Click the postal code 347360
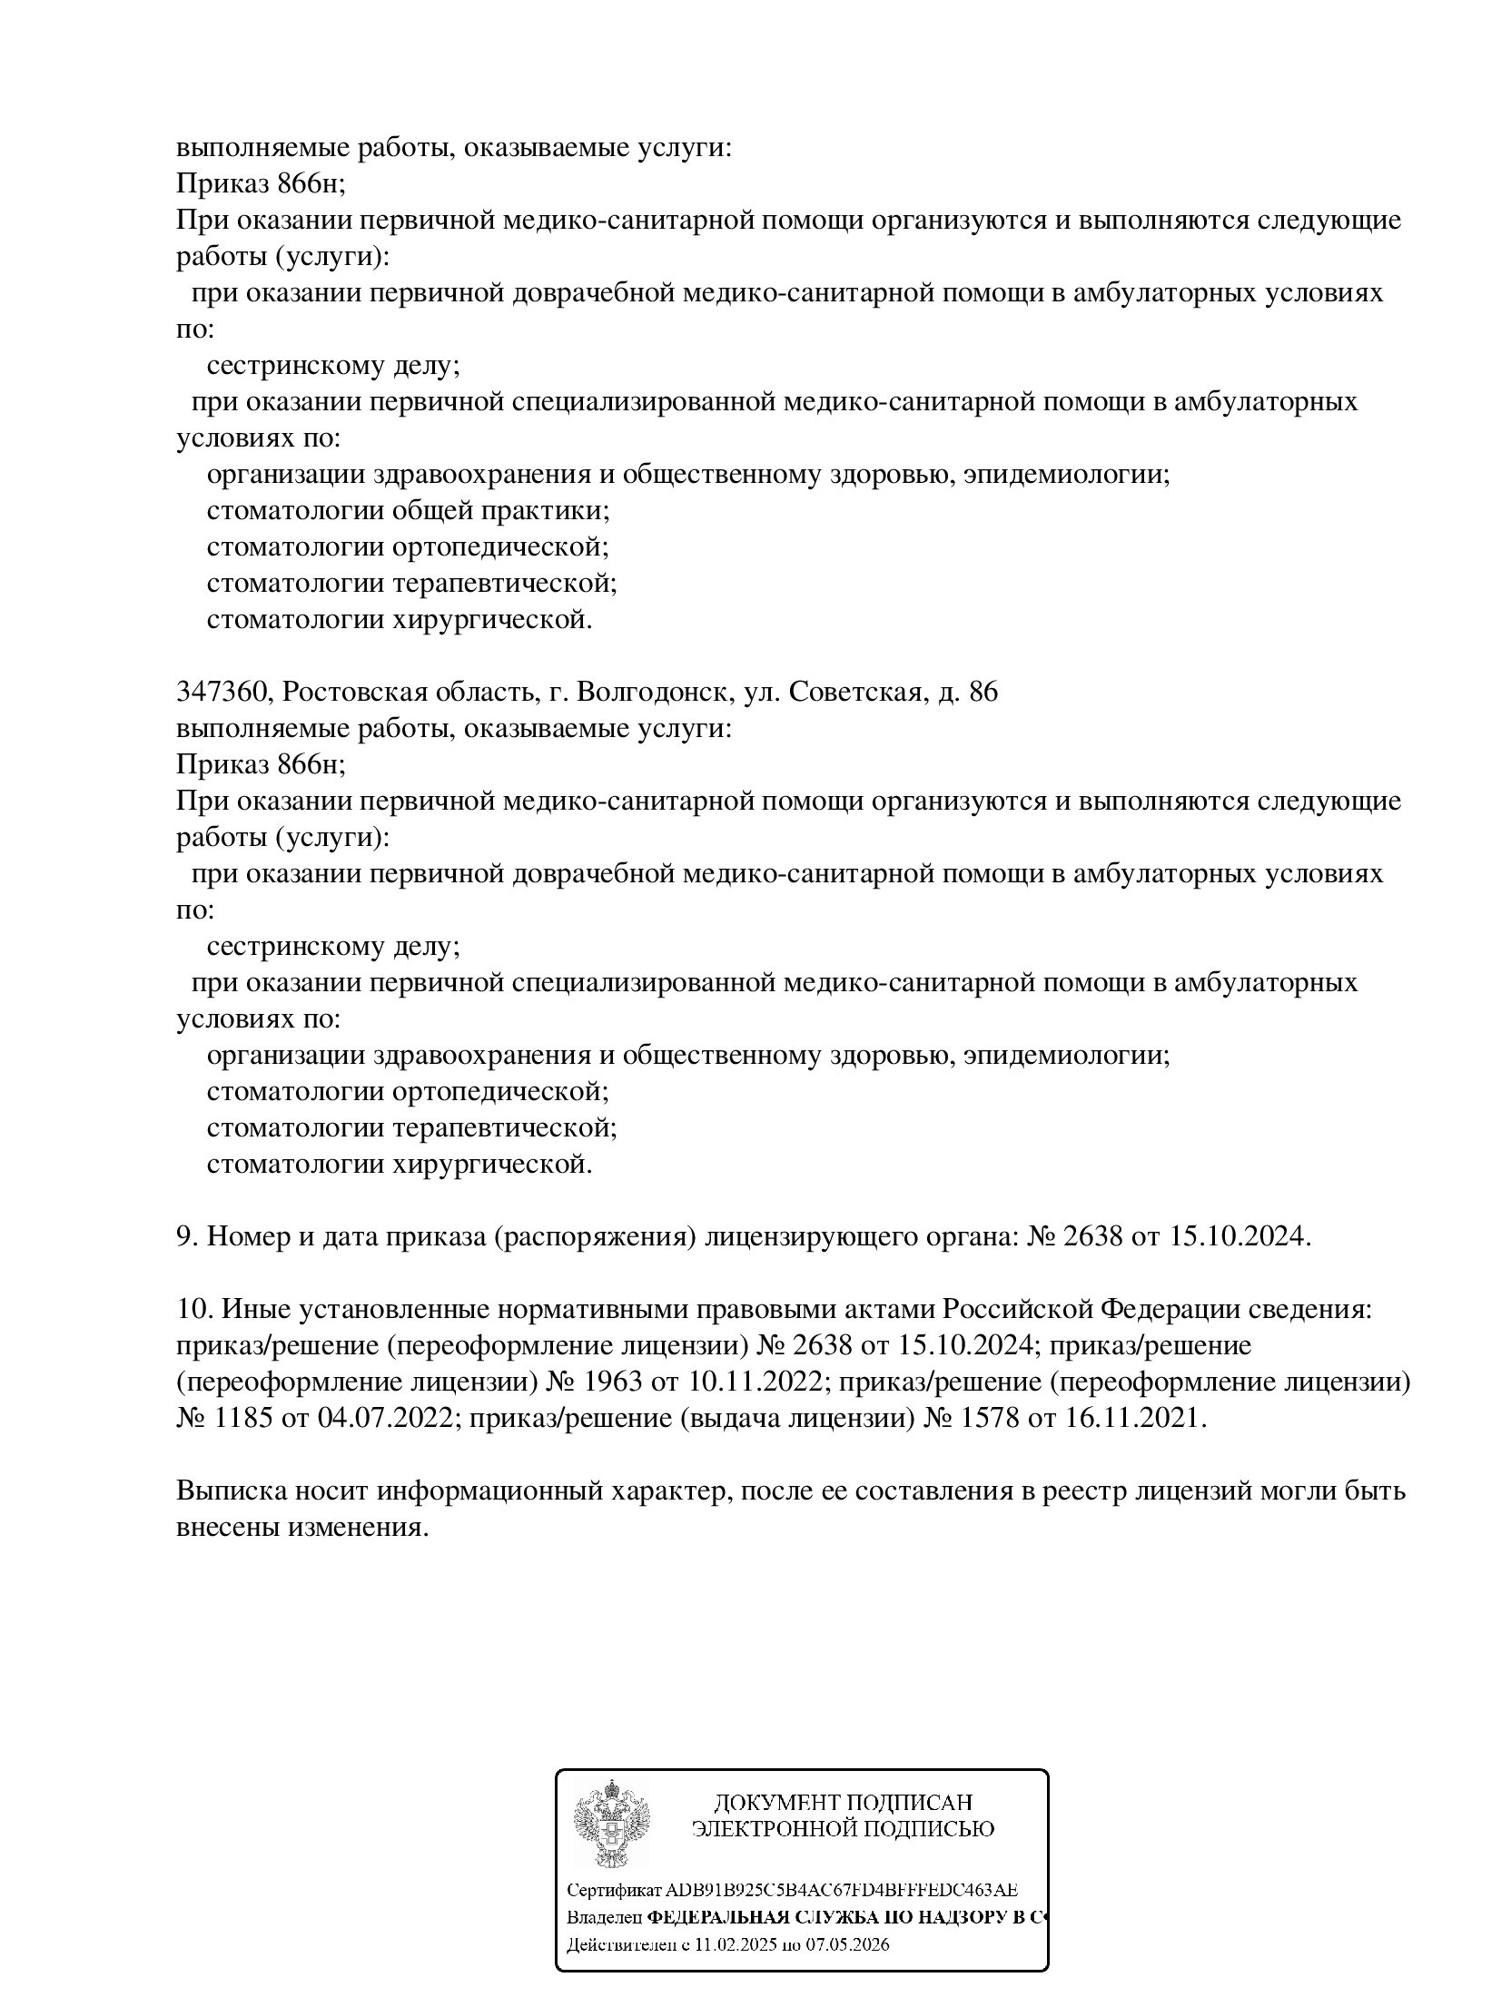pos(222,693)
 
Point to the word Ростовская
pos(360,693)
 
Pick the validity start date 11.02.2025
pos(731,1944)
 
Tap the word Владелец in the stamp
pos(604,1918)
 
